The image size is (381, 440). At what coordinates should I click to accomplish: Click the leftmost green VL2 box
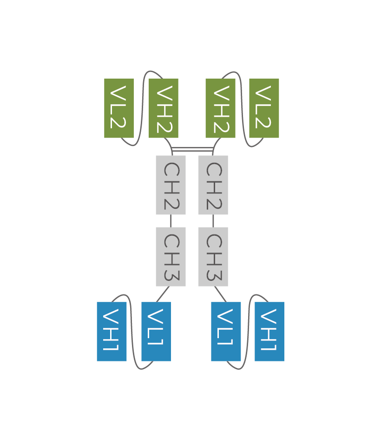click(x=119, y=108)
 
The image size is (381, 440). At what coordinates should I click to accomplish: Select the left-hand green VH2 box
click(x=164, y=108)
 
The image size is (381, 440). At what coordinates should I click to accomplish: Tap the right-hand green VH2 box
click(x=220, y=108)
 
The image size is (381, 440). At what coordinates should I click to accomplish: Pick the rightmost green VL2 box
click(x=264, y=108)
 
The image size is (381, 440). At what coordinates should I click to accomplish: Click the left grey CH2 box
click(x=171, y=185)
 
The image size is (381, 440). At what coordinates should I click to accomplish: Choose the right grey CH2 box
click(x=213, y=185)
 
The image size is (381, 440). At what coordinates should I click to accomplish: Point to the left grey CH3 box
click(x=171, y=257)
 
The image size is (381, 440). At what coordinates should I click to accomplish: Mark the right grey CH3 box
click(x=213, y=257)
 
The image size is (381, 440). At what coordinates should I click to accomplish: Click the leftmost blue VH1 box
click(x=112, y=332)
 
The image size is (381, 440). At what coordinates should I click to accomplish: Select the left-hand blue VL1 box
click(x=156, y=332)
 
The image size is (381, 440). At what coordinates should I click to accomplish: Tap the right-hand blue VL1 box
click(x=226, y=332)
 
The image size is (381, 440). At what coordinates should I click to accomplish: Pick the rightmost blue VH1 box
click(x=269, y=332)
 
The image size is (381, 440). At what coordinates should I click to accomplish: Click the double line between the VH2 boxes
click(x=192, y=149)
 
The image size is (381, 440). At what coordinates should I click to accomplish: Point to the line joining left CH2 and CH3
click(x=171, y=221)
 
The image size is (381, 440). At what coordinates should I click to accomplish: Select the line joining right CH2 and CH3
click(x=213, y=221)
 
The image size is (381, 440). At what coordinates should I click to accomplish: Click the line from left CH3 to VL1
click(x=163, y=294)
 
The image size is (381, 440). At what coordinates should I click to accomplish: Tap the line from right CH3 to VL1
click(x=220, y=294)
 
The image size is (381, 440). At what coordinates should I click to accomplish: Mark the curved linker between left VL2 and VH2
click(x=142, y=107)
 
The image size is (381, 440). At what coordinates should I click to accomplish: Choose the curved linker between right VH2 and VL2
click(x=242, y=107)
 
